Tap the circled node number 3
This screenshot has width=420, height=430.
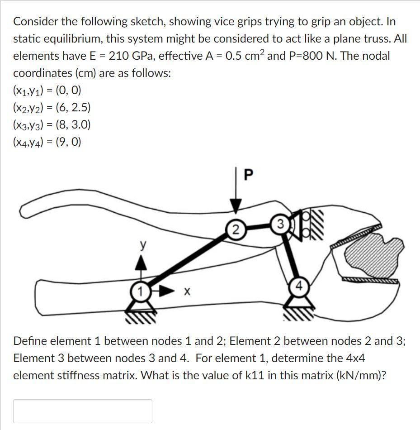pos(281,223)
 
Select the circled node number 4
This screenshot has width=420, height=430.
pos(299,287)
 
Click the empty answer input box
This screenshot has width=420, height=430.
pos(83,411)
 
